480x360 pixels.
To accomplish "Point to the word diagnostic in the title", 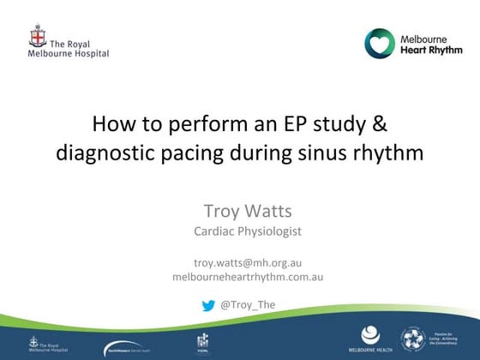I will coord(99,154).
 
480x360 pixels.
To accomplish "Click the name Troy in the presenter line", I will coord(222,211).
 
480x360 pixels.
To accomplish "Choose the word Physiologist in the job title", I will coord(269,231).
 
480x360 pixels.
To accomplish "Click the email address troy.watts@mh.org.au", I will coord(248,262).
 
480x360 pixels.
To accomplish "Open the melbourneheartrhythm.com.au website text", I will coord(248,277).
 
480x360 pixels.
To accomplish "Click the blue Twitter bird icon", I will coord(208,304).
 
